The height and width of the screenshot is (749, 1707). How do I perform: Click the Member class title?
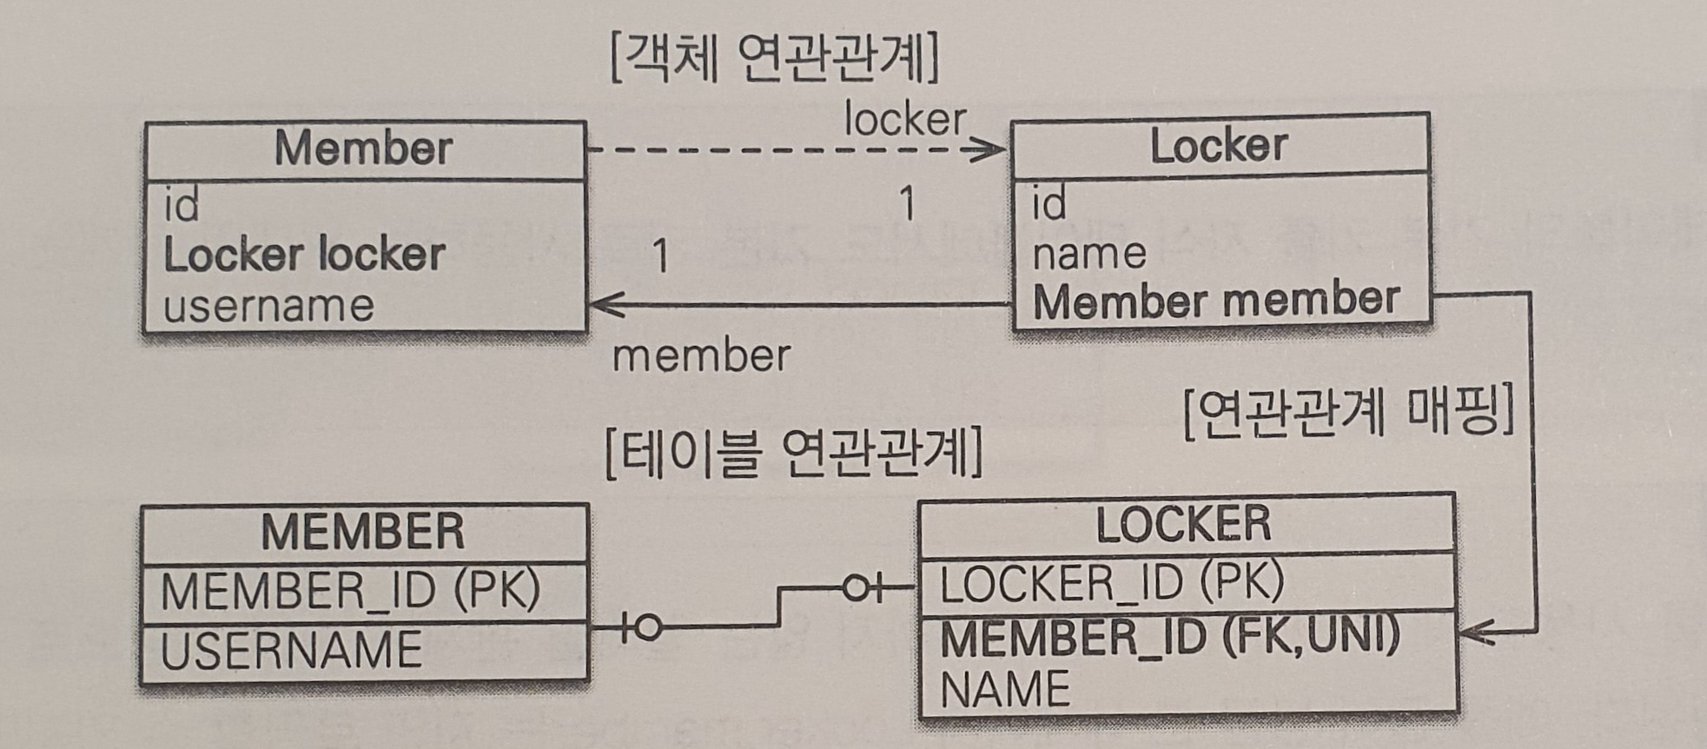(x=363, y=149)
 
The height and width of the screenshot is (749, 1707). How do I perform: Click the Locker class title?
(x=1218, y=145)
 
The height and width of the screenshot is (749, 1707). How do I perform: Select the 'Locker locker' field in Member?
(x=304, y=255)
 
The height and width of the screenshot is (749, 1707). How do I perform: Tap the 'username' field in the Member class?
(x=268, y=306)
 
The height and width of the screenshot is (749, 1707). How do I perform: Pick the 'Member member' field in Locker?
(x=1215, y=301)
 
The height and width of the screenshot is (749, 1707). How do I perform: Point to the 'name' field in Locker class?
(x=1088, y=254)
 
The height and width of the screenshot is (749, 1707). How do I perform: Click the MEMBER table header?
(x=362, y=531)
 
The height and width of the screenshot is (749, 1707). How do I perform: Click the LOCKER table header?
(x=1183, y=523)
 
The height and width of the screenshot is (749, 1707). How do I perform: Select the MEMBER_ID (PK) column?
(x=350, y=591)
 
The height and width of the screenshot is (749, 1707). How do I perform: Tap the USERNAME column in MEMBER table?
(x=291, y=650)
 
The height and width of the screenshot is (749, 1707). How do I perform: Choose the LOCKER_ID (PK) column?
(x=1111, y=582)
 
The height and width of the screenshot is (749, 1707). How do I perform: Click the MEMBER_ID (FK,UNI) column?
(x=1169, y=637)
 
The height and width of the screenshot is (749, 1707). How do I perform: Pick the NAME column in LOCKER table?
(x=1005, y=690)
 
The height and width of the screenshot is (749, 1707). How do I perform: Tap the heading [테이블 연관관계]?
(x=793, y=454)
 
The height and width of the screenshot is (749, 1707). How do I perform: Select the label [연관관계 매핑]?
(x=1349, y=411)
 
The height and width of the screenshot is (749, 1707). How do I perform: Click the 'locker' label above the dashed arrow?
(x=904, y=119)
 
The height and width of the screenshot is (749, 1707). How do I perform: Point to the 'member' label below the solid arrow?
(x=701, y=356)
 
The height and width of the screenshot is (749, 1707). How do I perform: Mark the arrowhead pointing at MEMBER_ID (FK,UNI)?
(x=1473, y=633)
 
